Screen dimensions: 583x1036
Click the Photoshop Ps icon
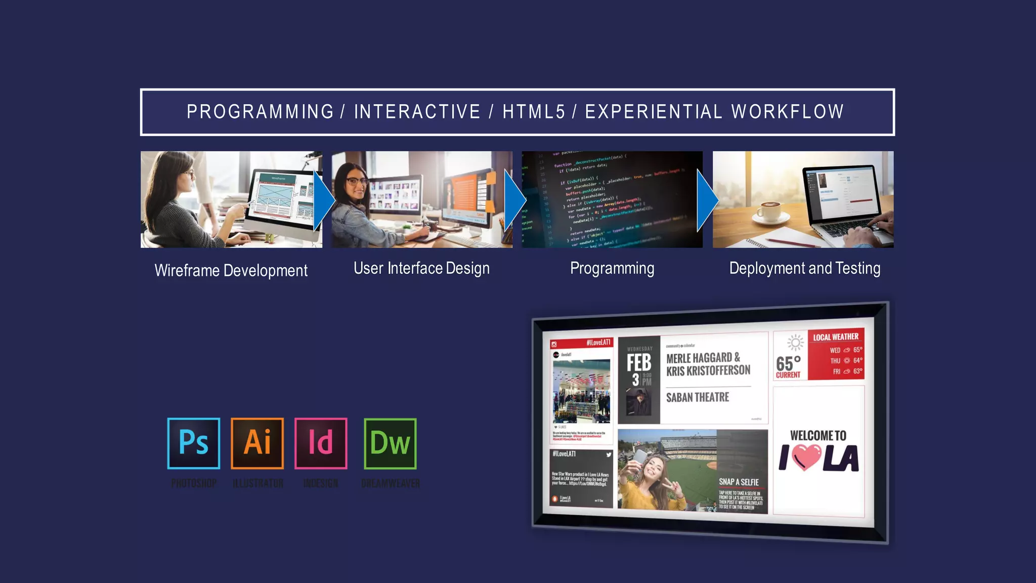pyautogui.click(x=194, y=443)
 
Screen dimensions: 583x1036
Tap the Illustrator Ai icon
pyautogui.click(x=257, y=443)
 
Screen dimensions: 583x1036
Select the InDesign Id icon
pyautogui.click(x=321, y=443)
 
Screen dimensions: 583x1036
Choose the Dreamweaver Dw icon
pyautogui.click(x=390, y=443)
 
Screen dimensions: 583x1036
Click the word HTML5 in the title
pyautogui.click(x=534, y=112)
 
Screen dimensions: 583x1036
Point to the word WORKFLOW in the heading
pyautogui.click(x=788, y=112)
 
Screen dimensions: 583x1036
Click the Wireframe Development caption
pyautogui.click(x=231, y=271)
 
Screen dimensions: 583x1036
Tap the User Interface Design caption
pyautogui.click(x=421, y=268)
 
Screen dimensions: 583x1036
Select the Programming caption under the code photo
pyautogui.click(x=612, y=268)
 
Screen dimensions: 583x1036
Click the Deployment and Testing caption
pyautogui.click(x=804, y=268)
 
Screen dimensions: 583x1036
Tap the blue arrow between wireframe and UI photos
pyautogui.click(x=323, y=200)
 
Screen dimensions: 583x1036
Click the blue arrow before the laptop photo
pyautogui.click(x=707, y=200)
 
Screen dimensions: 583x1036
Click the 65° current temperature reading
pyautogui.click(x=788, y=364)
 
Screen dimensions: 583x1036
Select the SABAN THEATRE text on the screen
pyautogui.click(x=698, y=397)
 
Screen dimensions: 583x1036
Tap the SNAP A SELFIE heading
pyautogui.click(x=739, y=482)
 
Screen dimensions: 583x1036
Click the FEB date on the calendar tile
pyautogui.click(x=639, y=363)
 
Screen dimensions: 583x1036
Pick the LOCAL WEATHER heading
pyautogui.click(x=836, y=337)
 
